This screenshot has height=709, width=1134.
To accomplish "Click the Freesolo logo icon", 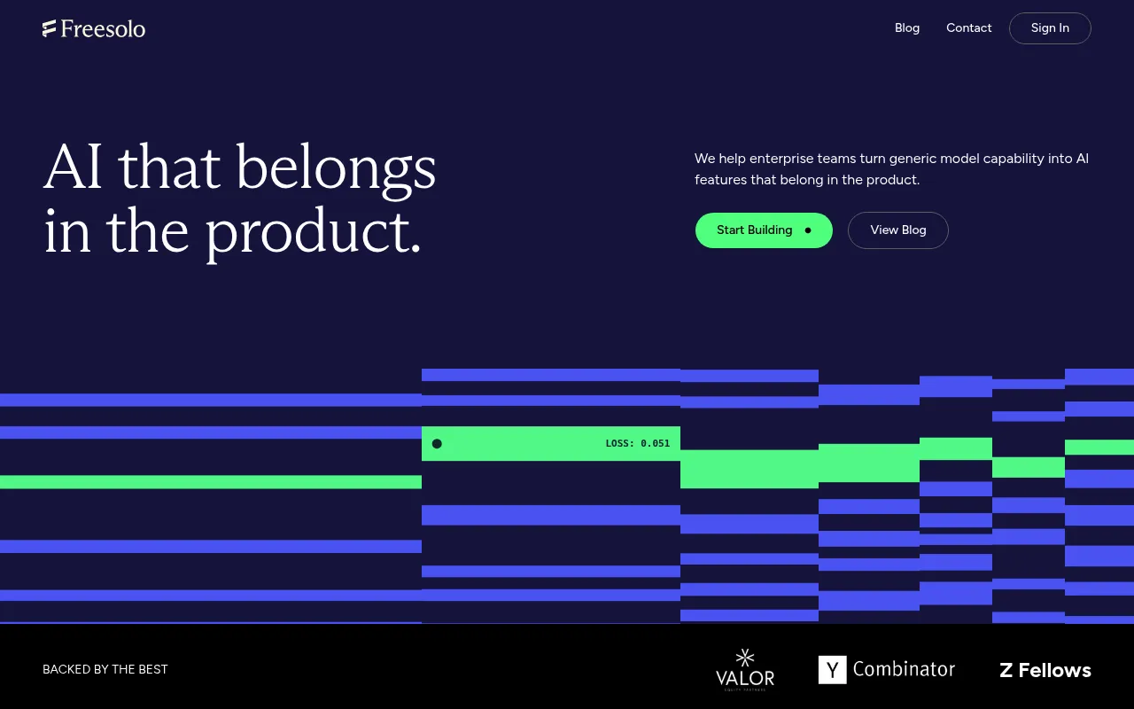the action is tap(49, 28).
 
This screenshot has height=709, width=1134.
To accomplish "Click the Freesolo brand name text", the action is tap(103, 29).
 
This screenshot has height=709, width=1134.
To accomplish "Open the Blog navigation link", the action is tap(906, 27).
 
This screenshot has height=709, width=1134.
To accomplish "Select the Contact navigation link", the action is tap(968, 27).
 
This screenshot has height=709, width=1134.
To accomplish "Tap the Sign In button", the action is tap(1050, 28).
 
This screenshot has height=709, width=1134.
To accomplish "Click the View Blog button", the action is tap(898, 230).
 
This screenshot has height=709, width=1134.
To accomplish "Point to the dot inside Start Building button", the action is tap(808, 230).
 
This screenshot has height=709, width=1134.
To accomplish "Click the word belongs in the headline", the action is tap(336, 170).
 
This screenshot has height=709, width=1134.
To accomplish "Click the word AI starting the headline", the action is tap(73, 168).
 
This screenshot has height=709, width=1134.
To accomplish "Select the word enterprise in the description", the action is tap(781, 159).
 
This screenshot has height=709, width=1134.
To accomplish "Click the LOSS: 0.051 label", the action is tap(637, 443).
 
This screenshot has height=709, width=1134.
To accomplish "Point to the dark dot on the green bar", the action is tap(437, 444).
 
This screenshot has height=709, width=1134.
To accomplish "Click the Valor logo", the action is tap(745, 669).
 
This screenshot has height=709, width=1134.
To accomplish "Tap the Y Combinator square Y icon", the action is tap(832, 669).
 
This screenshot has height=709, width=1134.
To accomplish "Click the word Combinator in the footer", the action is tap(904, 669).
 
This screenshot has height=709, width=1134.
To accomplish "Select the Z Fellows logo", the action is tap(1045, 670).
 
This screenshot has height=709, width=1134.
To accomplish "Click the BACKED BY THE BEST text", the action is tap(105, 669).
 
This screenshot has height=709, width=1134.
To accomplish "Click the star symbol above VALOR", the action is tap(745, 658).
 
